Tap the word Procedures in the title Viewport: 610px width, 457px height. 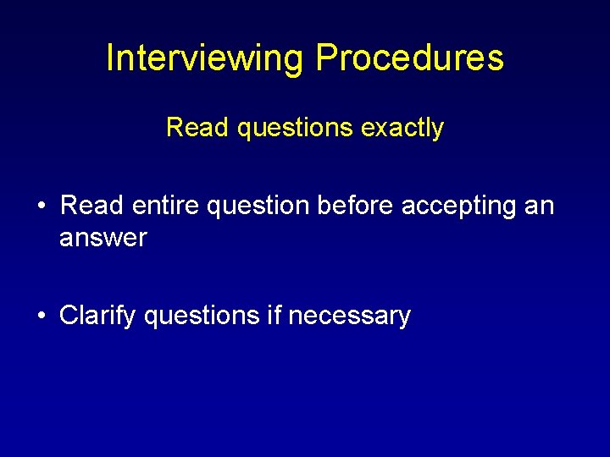tap(410, 58)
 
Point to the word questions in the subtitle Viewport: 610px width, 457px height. tap(286, 129)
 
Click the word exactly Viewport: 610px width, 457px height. tap(402, 129)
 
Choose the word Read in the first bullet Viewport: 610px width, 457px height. tap(91, 206)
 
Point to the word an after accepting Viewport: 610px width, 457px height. tap(539, 206)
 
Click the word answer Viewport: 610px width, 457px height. tap(103, 239)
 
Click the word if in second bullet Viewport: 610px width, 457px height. tap(274, 316)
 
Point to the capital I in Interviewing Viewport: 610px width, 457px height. tap(111, 58)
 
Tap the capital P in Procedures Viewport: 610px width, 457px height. tap(326, 58)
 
